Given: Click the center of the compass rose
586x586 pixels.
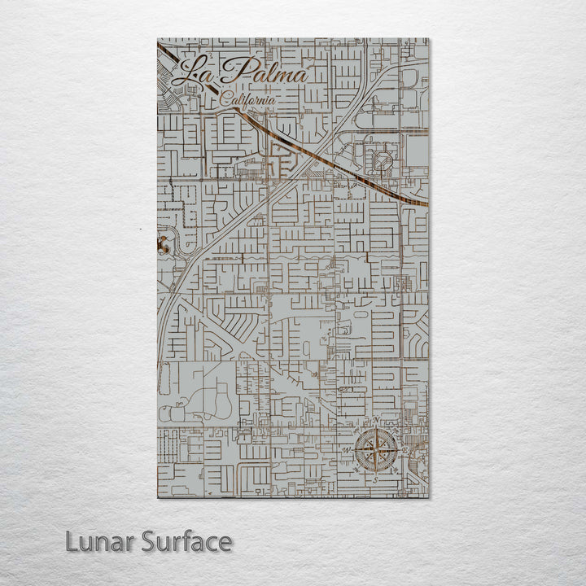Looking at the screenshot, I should (376, 449).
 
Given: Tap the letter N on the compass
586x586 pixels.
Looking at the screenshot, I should (377, 420).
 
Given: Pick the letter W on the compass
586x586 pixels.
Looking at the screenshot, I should (347, 450).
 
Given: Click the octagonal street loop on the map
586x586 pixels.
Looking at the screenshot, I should (380, 160).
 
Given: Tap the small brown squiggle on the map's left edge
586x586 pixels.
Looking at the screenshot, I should (162, 242).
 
